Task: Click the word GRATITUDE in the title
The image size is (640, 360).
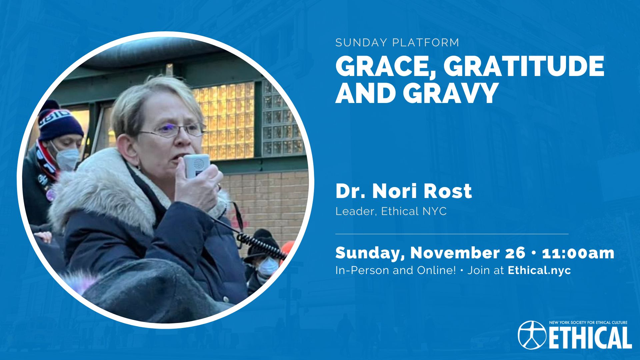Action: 524,66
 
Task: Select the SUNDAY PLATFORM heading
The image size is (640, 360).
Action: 397,43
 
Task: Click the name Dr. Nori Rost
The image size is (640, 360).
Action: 404,191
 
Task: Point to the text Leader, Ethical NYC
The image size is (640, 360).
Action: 391,211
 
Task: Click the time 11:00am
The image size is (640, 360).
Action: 578,253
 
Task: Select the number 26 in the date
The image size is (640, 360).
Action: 515,253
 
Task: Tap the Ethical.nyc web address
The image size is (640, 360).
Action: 539,270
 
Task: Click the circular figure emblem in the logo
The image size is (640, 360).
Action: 532,335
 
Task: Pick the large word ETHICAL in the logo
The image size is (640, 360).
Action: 590,337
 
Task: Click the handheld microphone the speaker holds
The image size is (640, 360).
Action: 197,166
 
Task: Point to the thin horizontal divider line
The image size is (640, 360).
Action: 452,234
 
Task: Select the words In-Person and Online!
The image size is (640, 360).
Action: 396,270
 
